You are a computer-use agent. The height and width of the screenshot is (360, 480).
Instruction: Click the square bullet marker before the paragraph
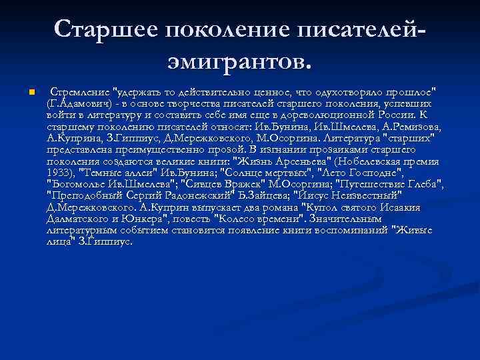[x=23, y=91]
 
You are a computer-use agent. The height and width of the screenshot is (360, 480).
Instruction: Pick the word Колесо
[x=265, y=218]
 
